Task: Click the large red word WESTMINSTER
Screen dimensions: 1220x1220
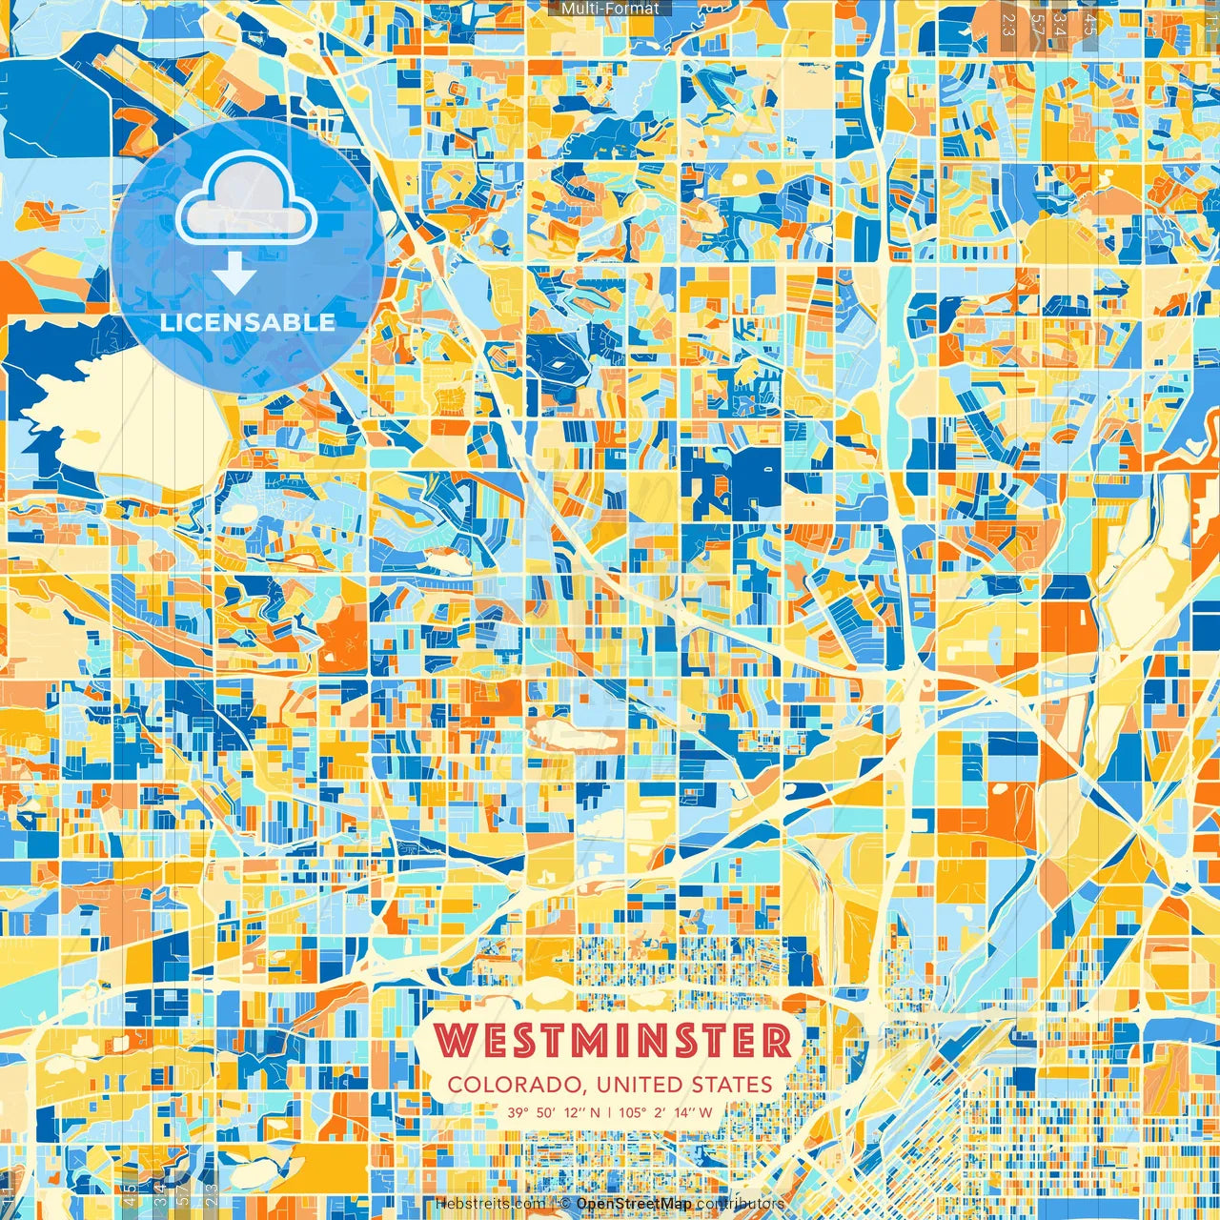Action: pos(615,1041)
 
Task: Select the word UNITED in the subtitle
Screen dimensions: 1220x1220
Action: pos(635,1085)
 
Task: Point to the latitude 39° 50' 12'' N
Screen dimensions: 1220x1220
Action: pos(553,1112)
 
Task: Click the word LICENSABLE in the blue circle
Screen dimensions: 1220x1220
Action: pos(248,322)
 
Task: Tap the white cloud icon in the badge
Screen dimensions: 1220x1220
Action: pos(247,201)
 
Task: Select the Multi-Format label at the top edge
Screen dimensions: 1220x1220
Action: pos(610,9)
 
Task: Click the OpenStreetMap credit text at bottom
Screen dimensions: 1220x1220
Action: pos(634,1204)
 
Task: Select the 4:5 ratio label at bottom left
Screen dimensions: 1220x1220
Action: pos(130,1194)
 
